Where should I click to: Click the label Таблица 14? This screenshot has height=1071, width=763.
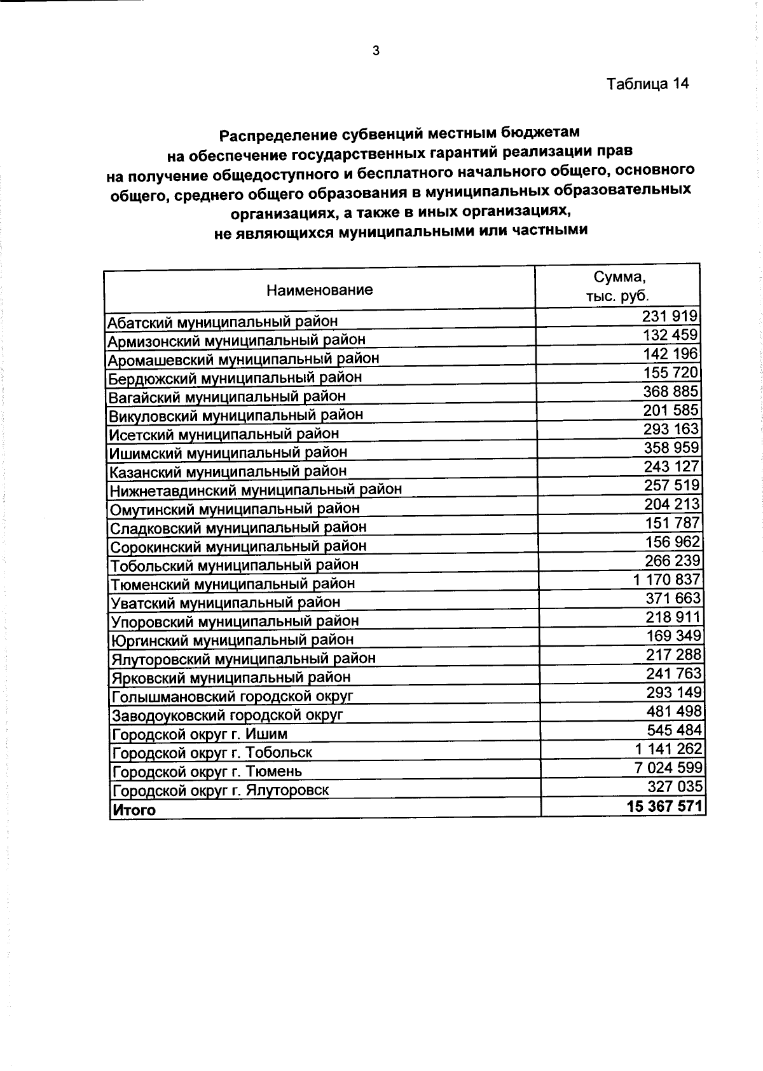647,84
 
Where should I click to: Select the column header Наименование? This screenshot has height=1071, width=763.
319,291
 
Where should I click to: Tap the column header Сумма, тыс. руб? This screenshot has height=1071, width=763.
618,286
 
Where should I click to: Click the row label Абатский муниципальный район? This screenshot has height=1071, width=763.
222,321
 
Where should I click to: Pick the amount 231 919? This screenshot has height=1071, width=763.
670,316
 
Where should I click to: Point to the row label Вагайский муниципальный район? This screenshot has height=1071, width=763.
227,397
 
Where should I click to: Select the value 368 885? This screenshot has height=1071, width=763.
670,391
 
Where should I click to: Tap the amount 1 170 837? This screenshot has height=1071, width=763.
667,579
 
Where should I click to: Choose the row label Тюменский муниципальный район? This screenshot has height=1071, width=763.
232,584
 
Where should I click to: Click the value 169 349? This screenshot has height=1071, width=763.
674,636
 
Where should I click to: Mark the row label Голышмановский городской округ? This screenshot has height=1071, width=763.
232,696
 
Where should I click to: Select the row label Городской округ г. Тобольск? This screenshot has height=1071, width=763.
212,753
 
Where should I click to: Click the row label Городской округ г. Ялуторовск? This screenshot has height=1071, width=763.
221,791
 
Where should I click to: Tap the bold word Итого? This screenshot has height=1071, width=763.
134,810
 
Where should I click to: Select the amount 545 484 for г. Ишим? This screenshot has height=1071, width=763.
675,730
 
